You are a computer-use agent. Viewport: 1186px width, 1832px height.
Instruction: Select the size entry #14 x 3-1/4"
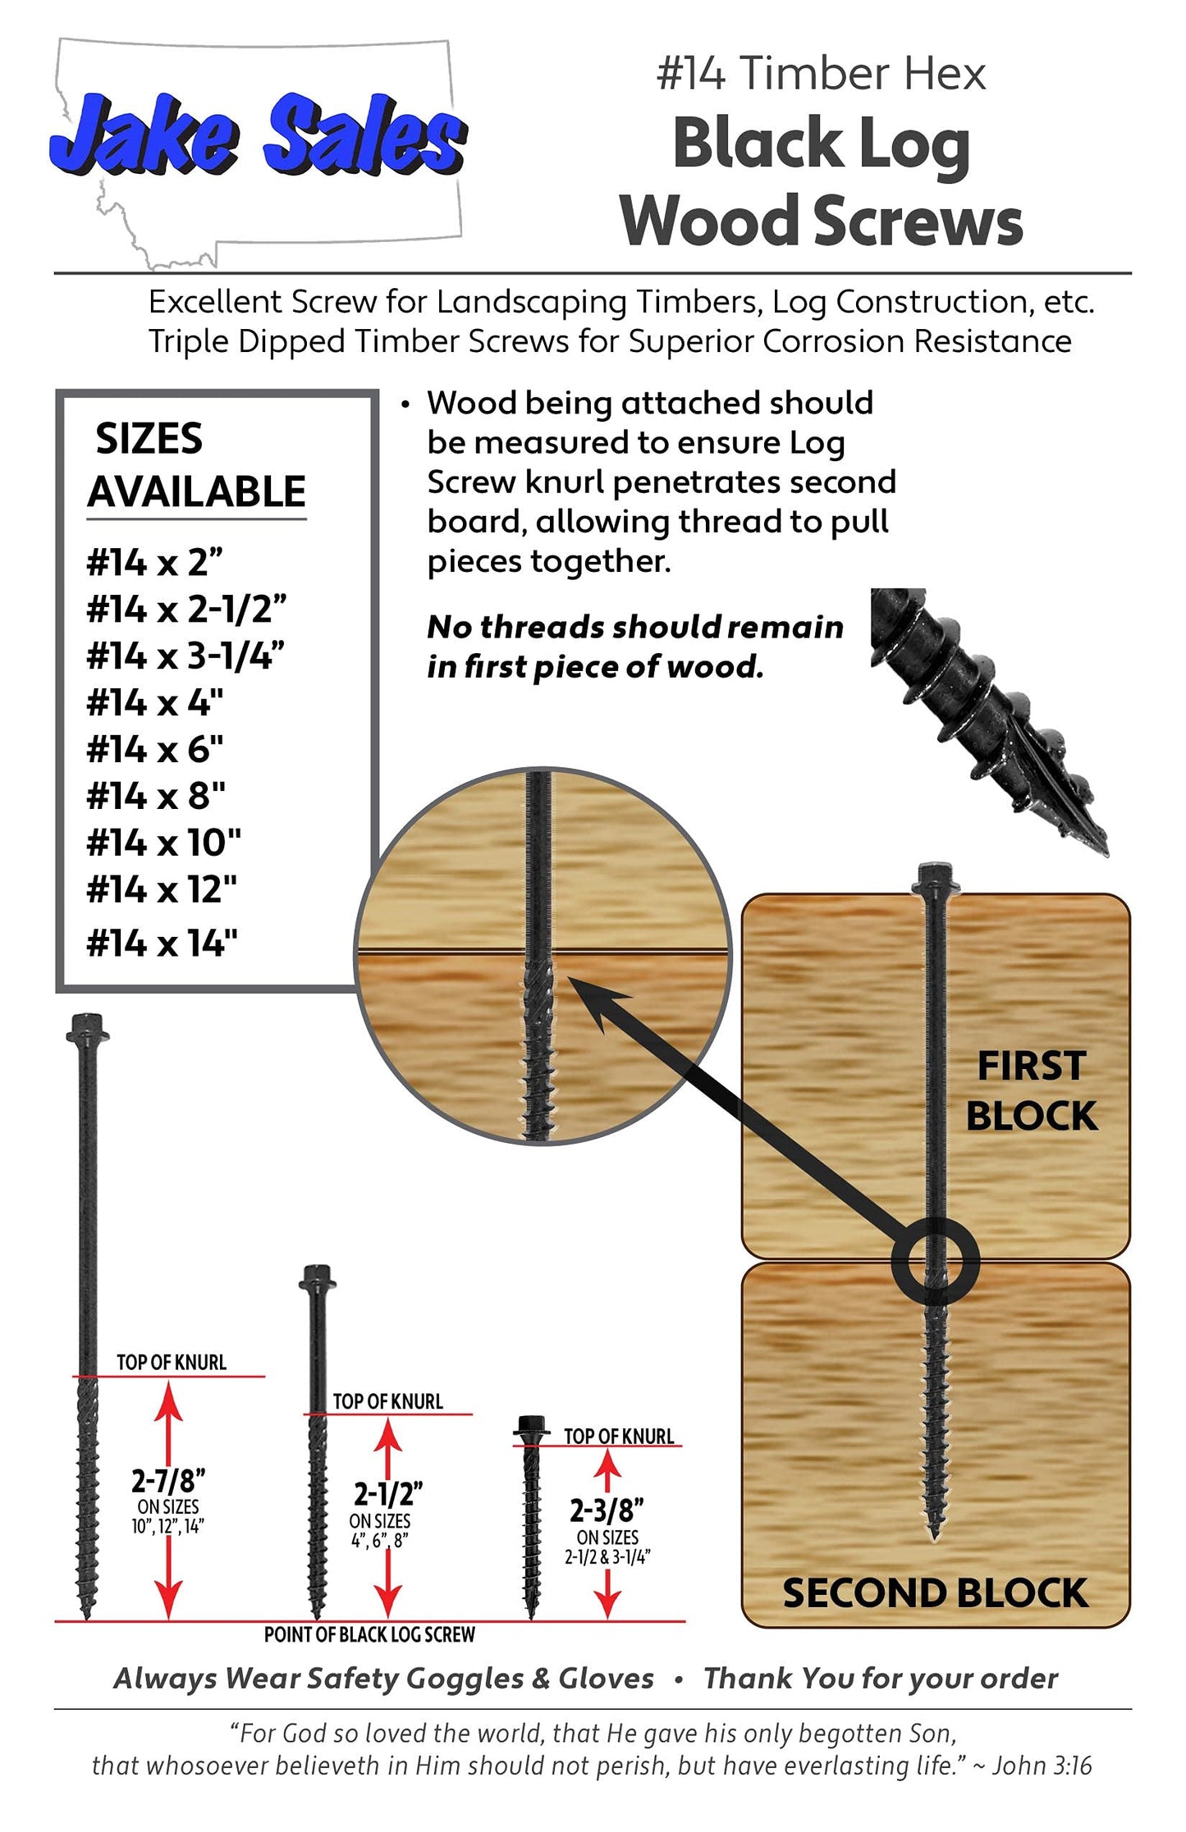(186, 656)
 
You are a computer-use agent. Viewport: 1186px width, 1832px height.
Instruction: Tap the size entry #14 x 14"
(163, 943)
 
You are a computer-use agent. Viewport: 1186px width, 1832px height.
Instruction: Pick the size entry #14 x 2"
(155, 563)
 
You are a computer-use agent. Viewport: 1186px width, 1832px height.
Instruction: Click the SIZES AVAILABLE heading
(197, 465)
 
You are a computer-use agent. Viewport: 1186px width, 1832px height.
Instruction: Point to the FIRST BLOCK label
(1031, 1091)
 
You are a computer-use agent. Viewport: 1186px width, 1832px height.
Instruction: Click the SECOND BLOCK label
(936, 1593)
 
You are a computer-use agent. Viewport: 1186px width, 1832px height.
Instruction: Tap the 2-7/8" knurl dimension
(168, 1481)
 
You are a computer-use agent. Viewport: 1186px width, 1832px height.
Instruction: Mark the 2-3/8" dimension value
(607, 1510)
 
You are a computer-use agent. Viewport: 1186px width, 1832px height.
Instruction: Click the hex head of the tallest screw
(87, 1027)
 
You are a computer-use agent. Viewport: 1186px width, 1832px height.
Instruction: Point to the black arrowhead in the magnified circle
(598, 1003)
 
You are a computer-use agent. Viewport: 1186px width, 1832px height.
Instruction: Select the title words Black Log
(822, 144)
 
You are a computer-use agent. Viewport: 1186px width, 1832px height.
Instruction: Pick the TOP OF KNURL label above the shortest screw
(619, 1437)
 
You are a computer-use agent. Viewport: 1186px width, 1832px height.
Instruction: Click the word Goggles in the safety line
(465, 1679)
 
